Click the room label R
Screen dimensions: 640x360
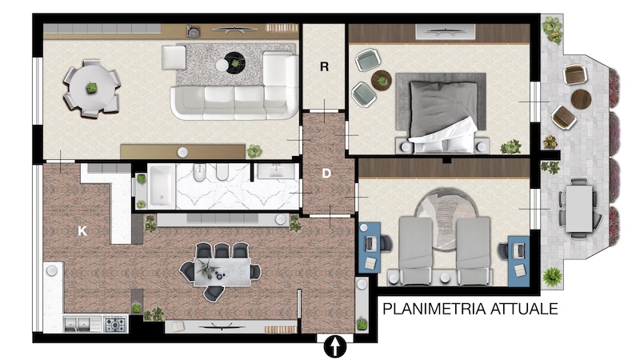(x=324, y=66)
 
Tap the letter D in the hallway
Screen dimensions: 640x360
(x=326, y=174)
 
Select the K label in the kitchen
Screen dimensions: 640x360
(x=82, y=231)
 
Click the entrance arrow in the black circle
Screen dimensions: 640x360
(x=334, y=346)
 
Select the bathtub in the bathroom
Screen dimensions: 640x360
(x=162, y=186)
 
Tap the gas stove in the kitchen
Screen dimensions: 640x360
(x=116, y=324)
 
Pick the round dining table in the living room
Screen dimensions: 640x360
(x=92, y=88)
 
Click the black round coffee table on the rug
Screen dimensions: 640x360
(x=235, y=63)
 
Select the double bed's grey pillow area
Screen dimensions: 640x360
(x=443, y=107)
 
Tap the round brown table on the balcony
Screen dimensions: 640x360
(x=581, y=99)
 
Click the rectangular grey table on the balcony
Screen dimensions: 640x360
(x=578, y=208)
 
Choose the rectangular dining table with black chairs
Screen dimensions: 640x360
(x=222, y=271)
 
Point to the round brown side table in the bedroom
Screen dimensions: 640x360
(x=382, y=81)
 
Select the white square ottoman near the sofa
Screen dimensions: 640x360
(x=174, y=57)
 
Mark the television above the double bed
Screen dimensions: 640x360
(x=445, y=31)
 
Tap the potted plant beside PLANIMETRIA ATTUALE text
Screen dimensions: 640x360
(x=552, y=276)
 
